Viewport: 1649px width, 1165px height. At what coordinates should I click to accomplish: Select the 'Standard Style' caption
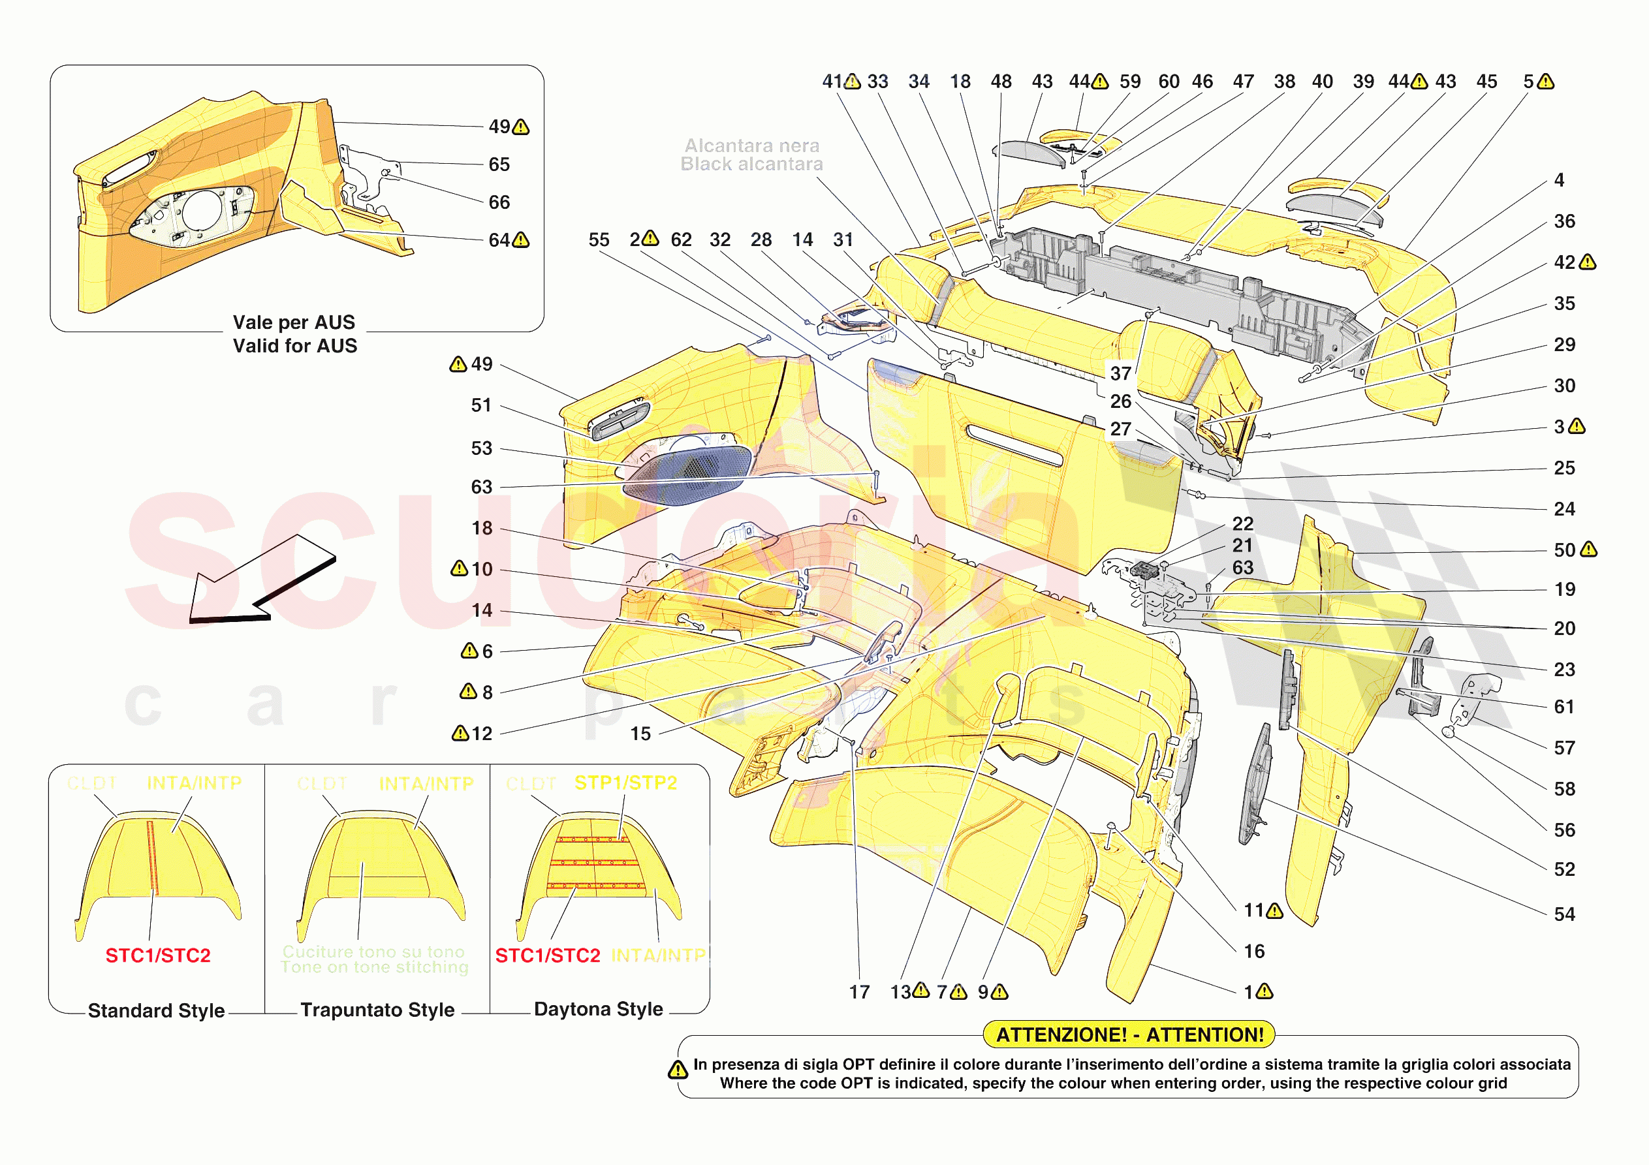coord(156,1010)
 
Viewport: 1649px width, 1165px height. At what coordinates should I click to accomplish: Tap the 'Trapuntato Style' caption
coord(377,1010)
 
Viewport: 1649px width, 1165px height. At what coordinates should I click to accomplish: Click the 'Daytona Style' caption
coord(598,1009)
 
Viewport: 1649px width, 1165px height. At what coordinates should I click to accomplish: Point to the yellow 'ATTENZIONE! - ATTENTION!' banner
coord(1128,1035)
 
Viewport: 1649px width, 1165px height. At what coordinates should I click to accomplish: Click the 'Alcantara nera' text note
coord(751,146)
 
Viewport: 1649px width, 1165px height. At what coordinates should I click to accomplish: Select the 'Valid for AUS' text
coord(294,346)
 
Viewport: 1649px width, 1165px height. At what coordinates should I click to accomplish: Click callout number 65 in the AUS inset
coord(499,164)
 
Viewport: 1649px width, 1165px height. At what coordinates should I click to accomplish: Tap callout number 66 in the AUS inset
coord(499,202)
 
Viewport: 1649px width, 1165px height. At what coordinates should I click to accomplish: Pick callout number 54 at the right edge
coord(1564,914)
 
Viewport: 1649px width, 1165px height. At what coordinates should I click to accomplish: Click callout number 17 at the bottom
coord(859,993)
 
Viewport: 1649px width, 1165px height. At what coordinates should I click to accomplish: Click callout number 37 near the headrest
coord(1120,373)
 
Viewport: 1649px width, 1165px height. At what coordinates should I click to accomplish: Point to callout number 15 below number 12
coord(640,734)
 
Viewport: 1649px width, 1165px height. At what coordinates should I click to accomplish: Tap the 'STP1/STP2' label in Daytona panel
coord(625,783)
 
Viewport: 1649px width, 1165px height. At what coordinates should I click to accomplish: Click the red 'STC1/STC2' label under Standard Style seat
coord(158,956)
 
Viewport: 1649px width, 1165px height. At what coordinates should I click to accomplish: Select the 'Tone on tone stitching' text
coord(374,967)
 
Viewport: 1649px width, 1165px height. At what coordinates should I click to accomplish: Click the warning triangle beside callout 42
coord(1588,262)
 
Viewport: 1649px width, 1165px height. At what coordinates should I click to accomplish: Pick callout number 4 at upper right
coord(1559,180)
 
